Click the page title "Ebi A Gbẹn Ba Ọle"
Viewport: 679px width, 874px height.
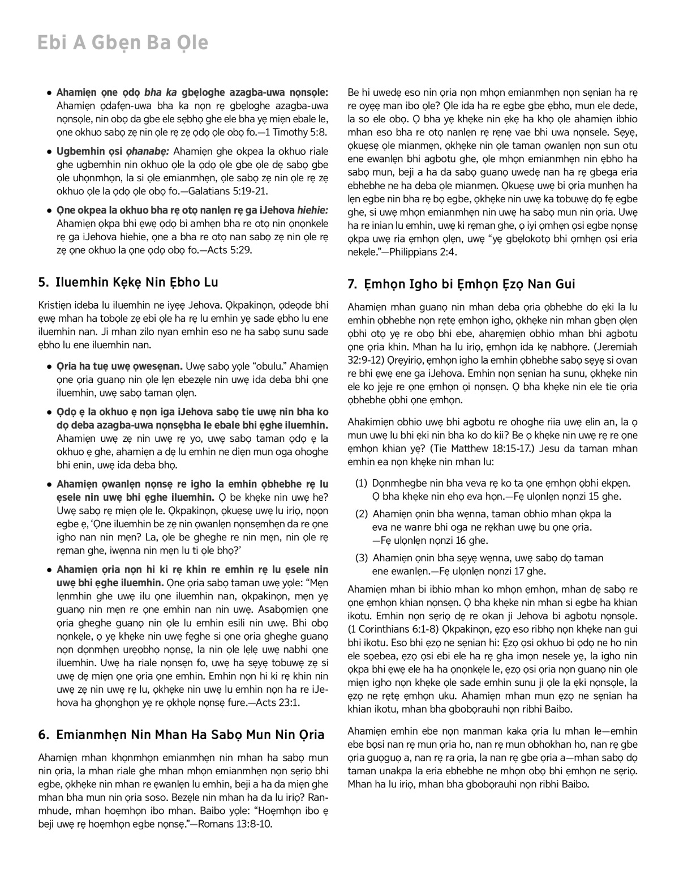click(122, 44)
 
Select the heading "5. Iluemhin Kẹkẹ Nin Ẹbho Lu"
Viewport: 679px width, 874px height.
click(128, 282)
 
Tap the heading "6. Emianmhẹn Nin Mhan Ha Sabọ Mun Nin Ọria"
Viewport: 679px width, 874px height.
click(181, 735)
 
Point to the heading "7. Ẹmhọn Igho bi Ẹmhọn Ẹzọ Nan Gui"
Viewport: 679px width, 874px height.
click(461, 284)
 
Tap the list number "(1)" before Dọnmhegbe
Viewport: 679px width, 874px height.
click(362, 483)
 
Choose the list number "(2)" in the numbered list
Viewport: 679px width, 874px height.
click(362, 514)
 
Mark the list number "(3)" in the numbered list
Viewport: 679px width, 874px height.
click(362, 558)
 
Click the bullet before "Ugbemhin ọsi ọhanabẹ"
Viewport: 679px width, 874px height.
click(50, 152)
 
